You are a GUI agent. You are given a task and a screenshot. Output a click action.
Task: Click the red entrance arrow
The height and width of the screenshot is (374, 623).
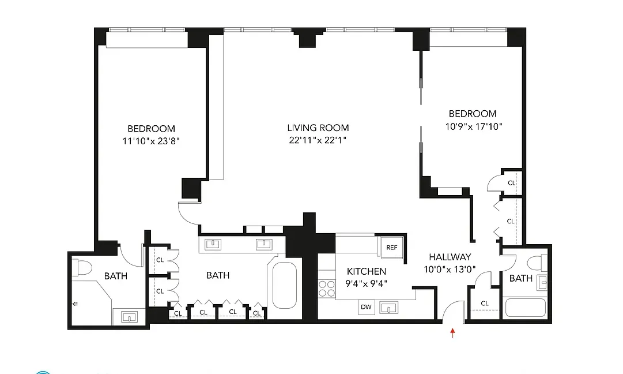452,332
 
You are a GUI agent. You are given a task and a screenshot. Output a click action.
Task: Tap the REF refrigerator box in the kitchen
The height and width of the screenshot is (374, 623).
392,248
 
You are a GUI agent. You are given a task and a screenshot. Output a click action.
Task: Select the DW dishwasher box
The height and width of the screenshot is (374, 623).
366,307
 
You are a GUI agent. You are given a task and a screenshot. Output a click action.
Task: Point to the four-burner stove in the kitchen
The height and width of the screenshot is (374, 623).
327,288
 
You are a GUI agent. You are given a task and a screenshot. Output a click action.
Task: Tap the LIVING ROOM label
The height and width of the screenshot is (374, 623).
318,128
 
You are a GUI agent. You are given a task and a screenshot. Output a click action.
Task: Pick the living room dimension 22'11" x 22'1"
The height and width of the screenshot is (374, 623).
318,140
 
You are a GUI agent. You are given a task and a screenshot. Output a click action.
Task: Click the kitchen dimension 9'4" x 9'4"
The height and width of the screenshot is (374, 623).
366,283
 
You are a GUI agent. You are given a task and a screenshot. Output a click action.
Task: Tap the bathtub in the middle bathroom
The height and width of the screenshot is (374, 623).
284,285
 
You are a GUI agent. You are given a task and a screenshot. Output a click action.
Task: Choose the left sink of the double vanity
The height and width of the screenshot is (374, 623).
213,244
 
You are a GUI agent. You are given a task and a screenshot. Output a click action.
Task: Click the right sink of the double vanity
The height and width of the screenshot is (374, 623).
265,244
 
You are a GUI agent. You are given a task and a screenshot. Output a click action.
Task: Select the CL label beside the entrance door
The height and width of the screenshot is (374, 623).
485,304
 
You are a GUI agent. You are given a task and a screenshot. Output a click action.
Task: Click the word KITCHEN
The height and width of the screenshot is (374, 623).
366,271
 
